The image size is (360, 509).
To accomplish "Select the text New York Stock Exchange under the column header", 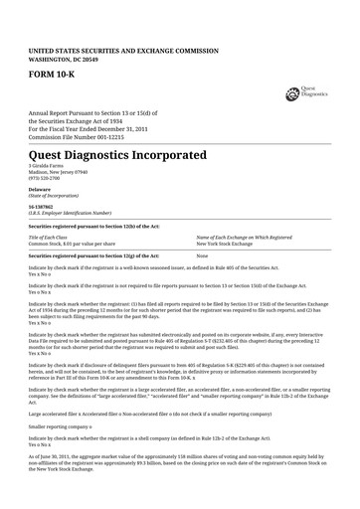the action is (x=229, y=244).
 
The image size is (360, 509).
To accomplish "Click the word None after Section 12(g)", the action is (x=202, y=256).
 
